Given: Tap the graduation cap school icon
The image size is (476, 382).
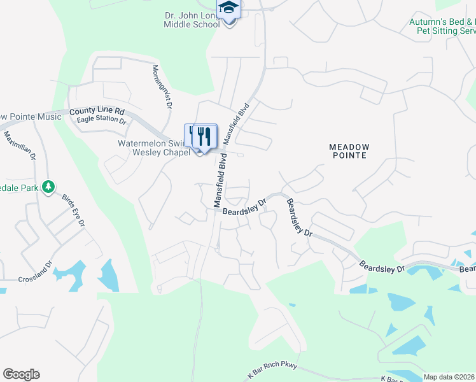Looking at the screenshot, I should pos(228,9).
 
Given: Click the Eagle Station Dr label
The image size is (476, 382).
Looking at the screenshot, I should pos(101,120).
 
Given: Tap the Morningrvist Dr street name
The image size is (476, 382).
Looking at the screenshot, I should pos(162,86).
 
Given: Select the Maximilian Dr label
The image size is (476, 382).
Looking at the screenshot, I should pos(20,146).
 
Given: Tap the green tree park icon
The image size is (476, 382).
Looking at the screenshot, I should pos(47,187).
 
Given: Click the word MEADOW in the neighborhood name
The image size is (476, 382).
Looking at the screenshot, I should pos(349,147).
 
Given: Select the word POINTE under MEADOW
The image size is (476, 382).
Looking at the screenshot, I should pos(349,157).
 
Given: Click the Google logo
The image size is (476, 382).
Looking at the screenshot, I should pos(21,374).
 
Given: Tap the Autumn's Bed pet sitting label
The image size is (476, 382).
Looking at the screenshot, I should pos(442,26).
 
